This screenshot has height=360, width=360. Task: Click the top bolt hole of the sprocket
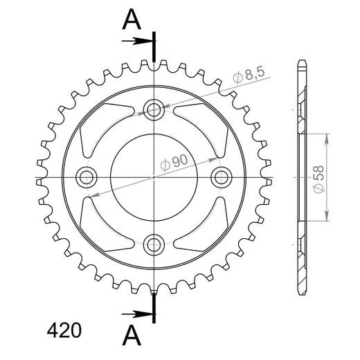click(154, 109)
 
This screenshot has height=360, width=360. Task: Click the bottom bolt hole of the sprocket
click(154, 244)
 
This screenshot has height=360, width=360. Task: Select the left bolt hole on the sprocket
click(87, 177)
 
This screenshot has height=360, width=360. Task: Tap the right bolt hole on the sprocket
click(221, 177)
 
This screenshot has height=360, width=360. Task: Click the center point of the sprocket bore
click(154, 177)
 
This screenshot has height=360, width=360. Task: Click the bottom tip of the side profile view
click(300, 291)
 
